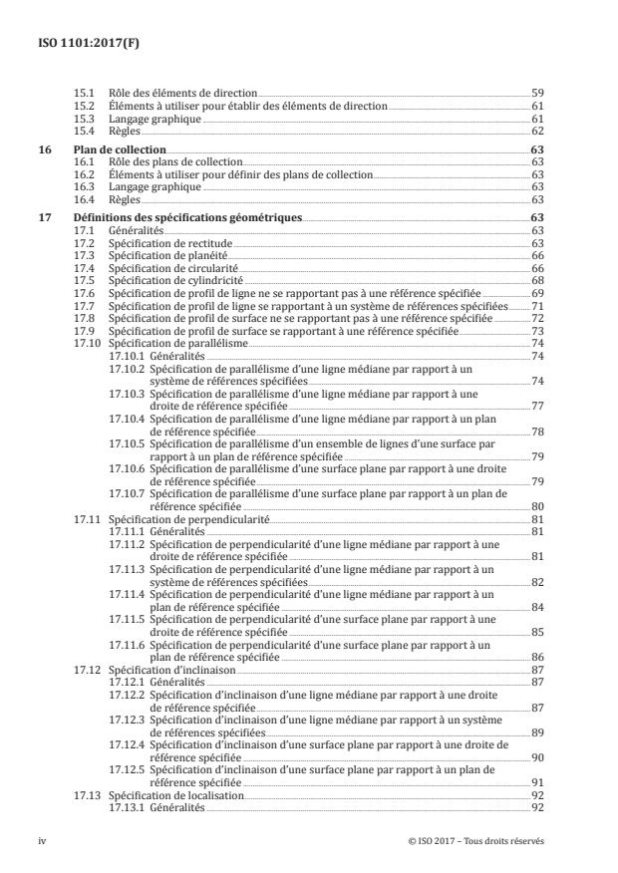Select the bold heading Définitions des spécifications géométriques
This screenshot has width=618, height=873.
tap(188, 216)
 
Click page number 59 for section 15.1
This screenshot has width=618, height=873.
tap(536, 92)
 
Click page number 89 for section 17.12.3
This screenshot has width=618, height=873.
tap(536, 732)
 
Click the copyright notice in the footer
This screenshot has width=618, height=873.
tap(475, 841)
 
